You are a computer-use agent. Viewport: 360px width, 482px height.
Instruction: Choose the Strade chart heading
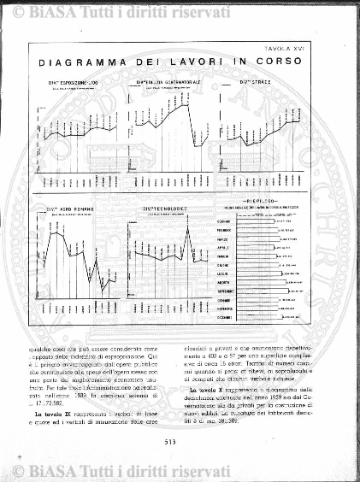point(257,81)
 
